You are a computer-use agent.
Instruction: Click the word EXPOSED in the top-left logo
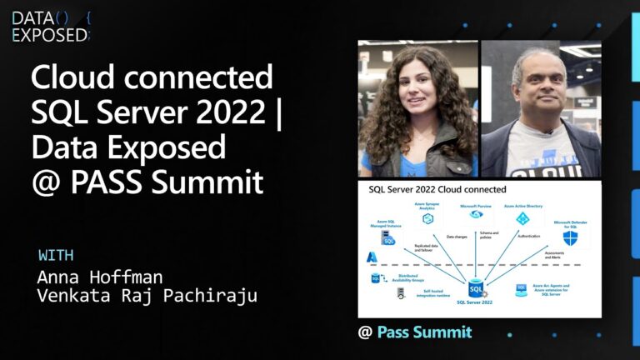[x=49, y=34]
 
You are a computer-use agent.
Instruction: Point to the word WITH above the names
[x=56, y=255]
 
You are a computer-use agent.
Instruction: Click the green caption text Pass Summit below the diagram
[x=424, y=332]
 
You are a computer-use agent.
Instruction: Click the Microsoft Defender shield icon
[x=570, y=238]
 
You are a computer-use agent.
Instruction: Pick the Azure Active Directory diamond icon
[x=522, y=218]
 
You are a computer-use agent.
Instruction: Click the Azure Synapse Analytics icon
[x=427, y=218]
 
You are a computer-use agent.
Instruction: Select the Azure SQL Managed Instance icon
[x=387, y=242]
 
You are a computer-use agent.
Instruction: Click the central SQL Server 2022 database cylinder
[x=475, y=288]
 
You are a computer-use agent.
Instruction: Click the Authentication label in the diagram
[x=528, y=236]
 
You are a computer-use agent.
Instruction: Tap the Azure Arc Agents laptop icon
[x=521, y=288]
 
